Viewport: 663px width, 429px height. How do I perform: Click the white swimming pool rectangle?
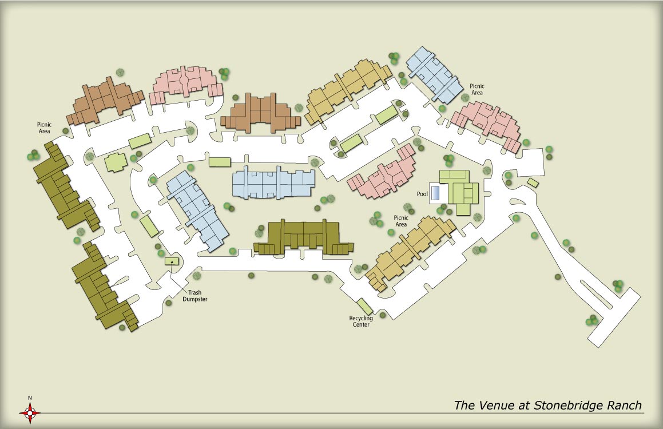438,193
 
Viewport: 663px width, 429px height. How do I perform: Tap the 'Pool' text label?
423,194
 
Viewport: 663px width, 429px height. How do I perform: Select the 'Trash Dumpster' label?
195,295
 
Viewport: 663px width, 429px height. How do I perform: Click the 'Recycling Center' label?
361,321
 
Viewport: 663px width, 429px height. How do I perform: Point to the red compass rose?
30,411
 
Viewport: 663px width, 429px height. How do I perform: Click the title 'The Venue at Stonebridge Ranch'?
547,406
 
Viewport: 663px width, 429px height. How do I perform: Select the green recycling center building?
365,307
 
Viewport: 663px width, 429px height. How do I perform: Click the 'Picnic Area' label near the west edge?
44,127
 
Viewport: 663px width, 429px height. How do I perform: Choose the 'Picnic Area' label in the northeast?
477,89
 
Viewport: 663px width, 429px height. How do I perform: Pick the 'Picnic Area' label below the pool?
401,221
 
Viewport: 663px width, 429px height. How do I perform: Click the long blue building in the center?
273,183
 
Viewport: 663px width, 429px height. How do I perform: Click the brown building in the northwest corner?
105,100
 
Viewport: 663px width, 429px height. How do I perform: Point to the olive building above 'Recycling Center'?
303,237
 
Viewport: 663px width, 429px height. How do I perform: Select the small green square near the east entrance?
533,182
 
